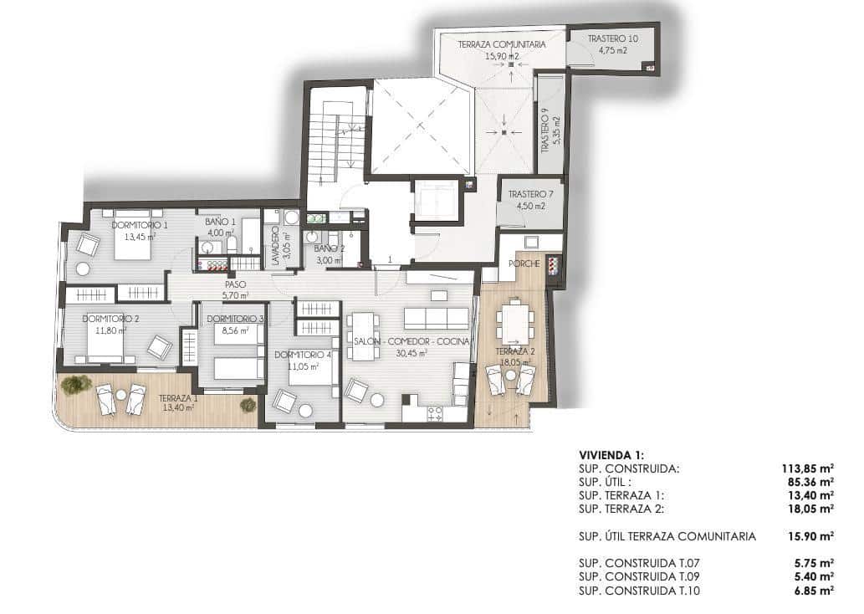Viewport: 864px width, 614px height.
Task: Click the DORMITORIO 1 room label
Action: coord(140,225)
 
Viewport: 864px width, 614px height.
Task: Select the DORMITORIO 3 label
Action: coord(236,319)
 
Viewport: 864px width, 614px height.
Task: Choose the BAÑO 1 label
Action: coord(220,222)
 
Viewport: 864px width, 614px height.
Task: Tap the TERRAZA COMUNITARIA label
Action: coord(502,44)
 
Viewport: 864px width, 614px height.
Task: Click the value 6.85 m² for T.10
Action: coord(813,591)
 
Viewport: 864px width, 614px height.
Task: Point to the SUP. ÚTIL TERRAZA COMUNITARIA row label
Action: coord(667,536)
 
